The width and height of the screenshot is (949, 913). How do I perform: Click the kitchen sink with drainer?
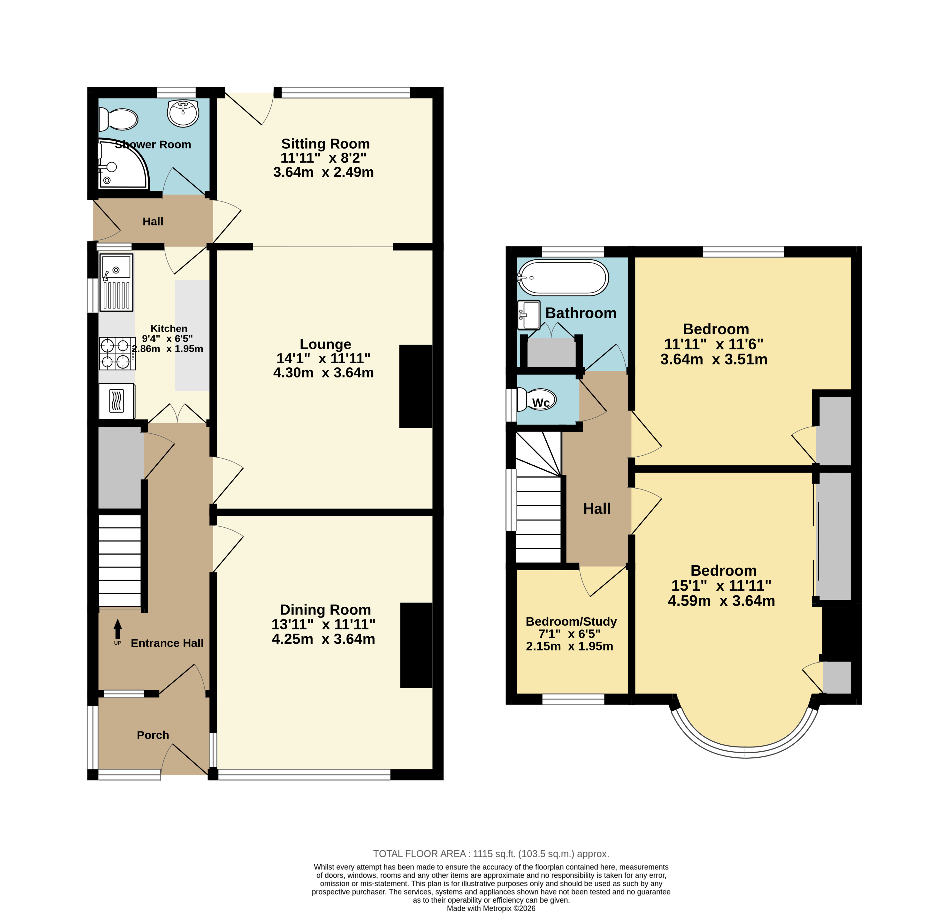tap(116, 282)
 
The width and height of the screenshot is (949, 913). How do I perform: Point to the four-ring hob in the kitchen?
tap(117, 353)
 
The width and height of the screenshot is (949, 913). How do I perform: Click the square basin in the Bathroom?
tap(529, 315)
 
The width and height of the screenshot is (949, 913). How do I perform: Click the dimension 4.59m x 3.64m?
tap(721, 601)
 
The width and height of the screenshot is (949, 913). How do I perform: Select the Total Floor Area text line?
tap(491, 854)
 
